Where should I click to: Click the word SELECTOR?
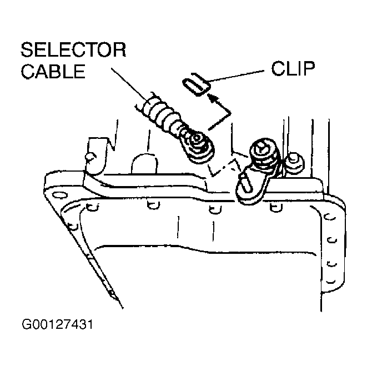pos(73,50)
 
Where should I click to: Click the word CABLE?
pos(53,71)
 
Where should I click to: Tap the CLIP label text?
pos(293,69)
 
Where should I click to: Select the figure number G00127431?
pos(57,324)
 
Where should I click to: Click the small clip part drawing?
pos(196,84)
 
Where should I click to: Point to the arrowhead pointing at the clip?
pos(213,98)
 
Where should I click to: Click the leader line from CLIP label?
pos(237,76)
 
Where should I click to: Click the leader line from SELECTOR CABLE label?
pos(129,83)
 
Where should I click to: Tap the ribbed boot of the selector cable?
pos(161,113)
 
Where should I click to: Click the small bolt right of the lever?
pos(294,162)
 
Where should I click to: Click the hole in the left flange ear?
pos(59,195)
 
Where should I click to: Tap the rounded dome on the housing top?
pos(144,164)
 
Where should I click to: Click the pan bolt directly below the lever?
pos(276,208)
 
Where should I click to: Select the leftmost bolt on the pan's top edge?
pos(92,207)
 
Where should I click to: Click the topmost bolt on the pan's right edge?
pos(330,217)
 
